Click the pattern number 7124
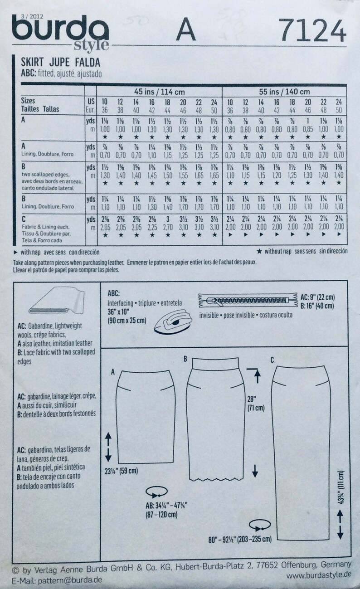tap(313, 31)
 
